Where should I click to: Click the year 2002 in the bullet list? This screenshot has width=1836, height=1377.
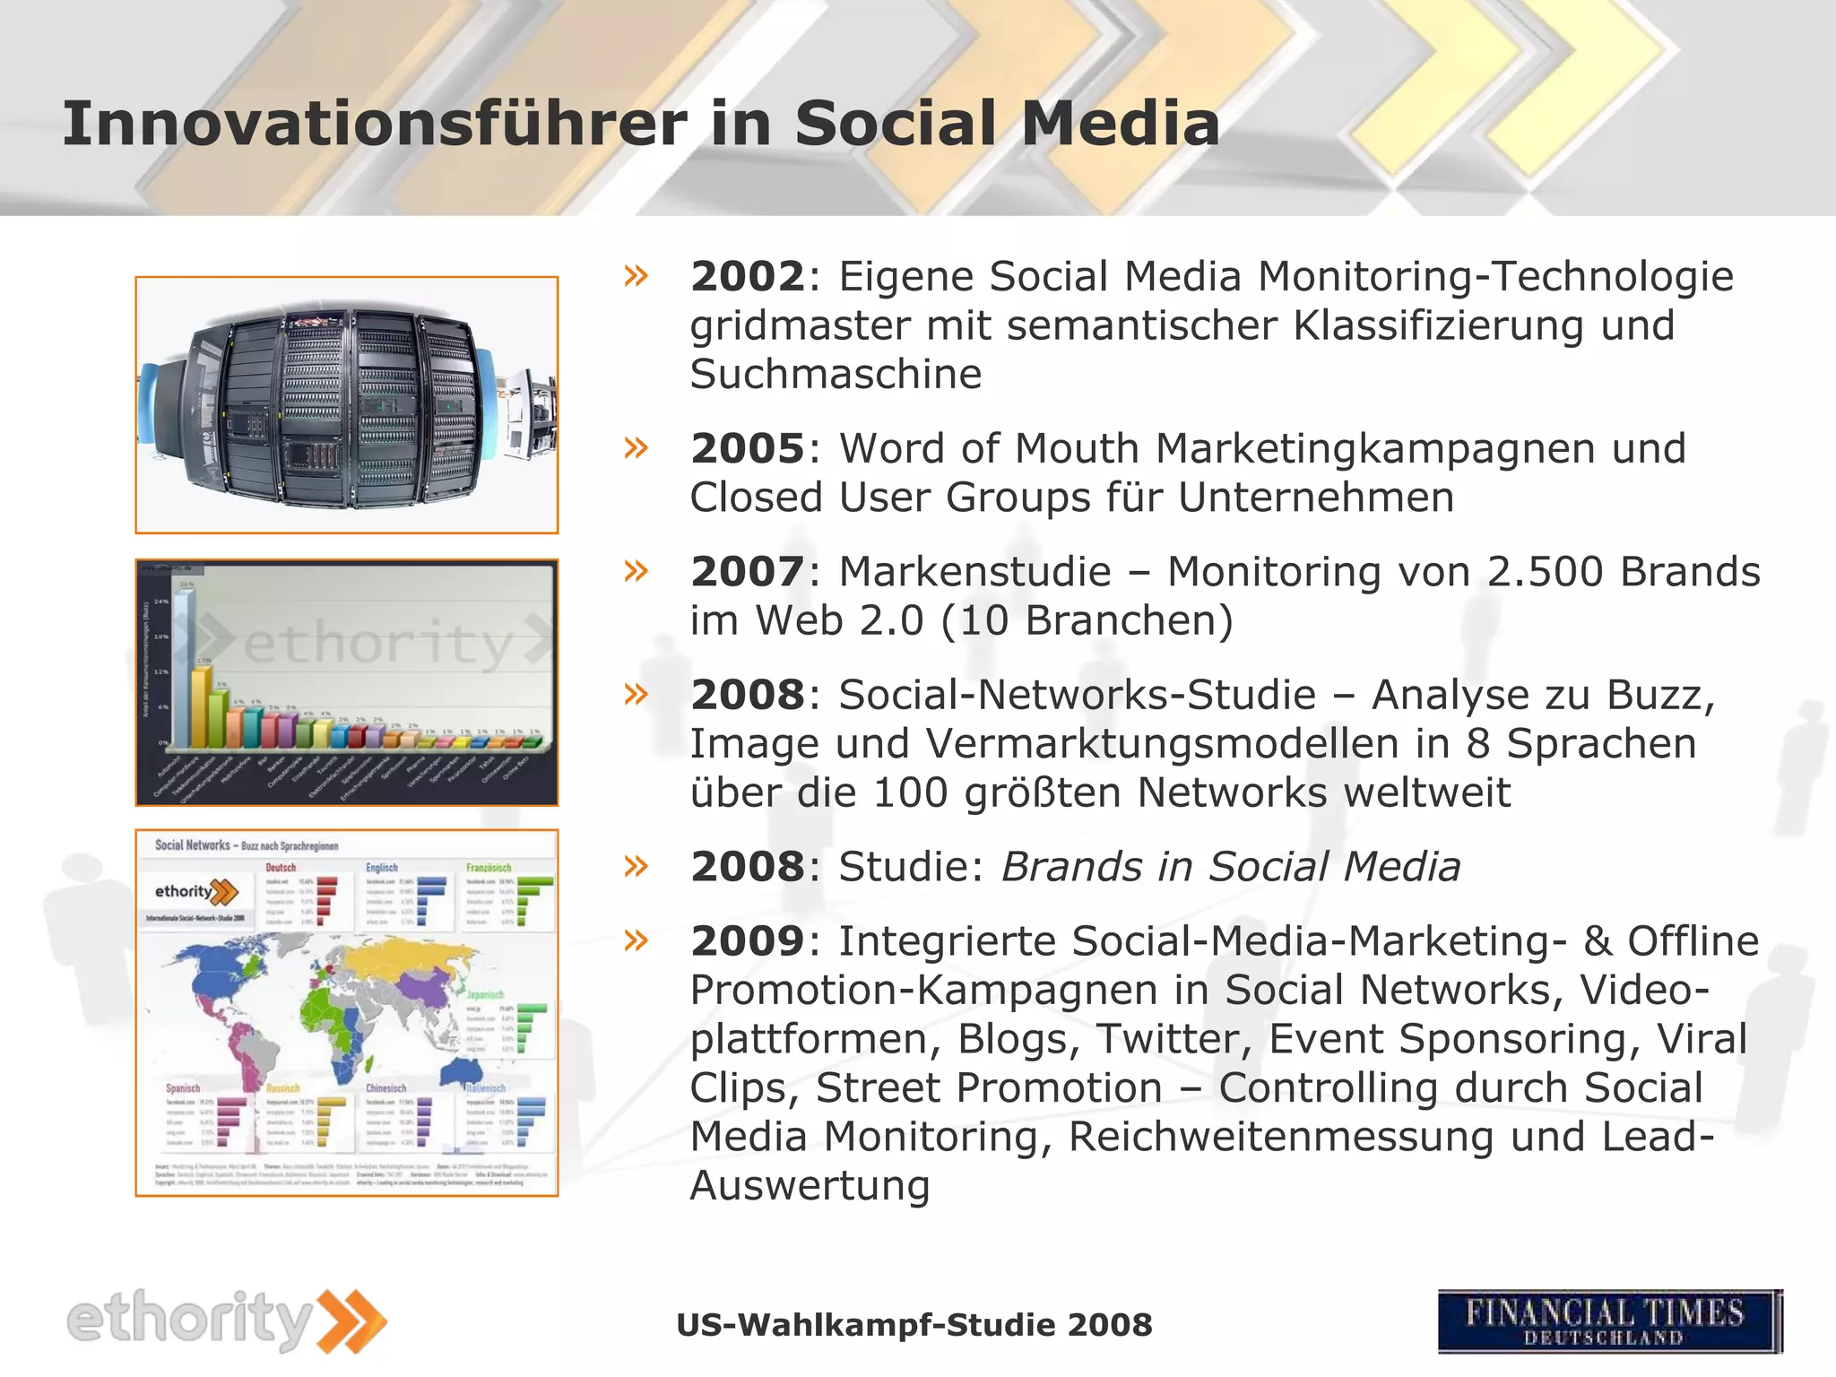point(748,277)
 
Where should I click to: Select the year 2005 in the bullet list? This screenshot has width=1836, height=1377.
point(748,449)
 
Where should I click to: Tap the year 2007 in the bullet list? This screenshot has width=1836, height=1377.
point(748,572)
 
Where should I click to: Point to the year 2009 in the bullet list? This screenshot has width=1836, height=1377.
point(748,941)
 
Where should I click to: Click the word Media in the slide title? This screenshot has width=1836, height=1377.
point(1121,124)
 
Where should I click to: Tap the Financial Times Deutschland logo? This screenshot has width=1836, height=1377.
point(1609,1321)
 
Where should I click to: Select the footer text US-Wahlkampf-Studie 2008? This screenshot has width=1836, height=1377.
point(914,1325)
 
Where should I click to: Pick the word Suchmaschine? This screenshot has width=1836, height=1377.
point(836,375)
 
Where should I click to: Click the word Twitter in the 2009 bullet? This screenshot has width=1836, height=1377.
point(1175,1039)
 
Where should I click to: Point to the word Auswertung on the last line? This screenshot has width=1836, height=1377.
point(810,1186)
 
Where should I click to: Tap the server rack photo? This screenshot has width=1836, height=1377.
point(346,405)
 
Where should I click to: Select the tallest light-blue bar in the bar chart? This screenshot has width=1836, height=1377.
point(184,668)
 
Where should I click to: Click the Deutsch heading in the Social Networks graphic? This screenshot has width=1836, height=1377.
point(281,868)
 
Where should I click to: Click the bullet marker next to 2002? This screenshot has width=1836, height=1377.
point(636,276)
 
